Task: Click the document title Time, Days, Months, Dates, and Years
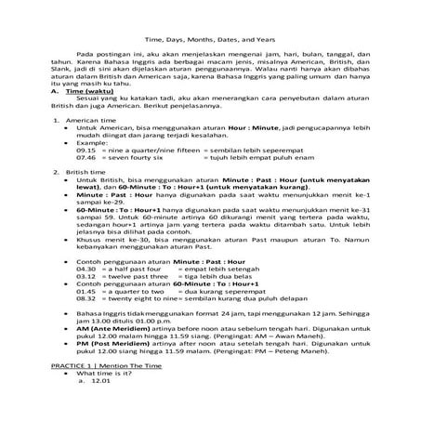tap(210, 40)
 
